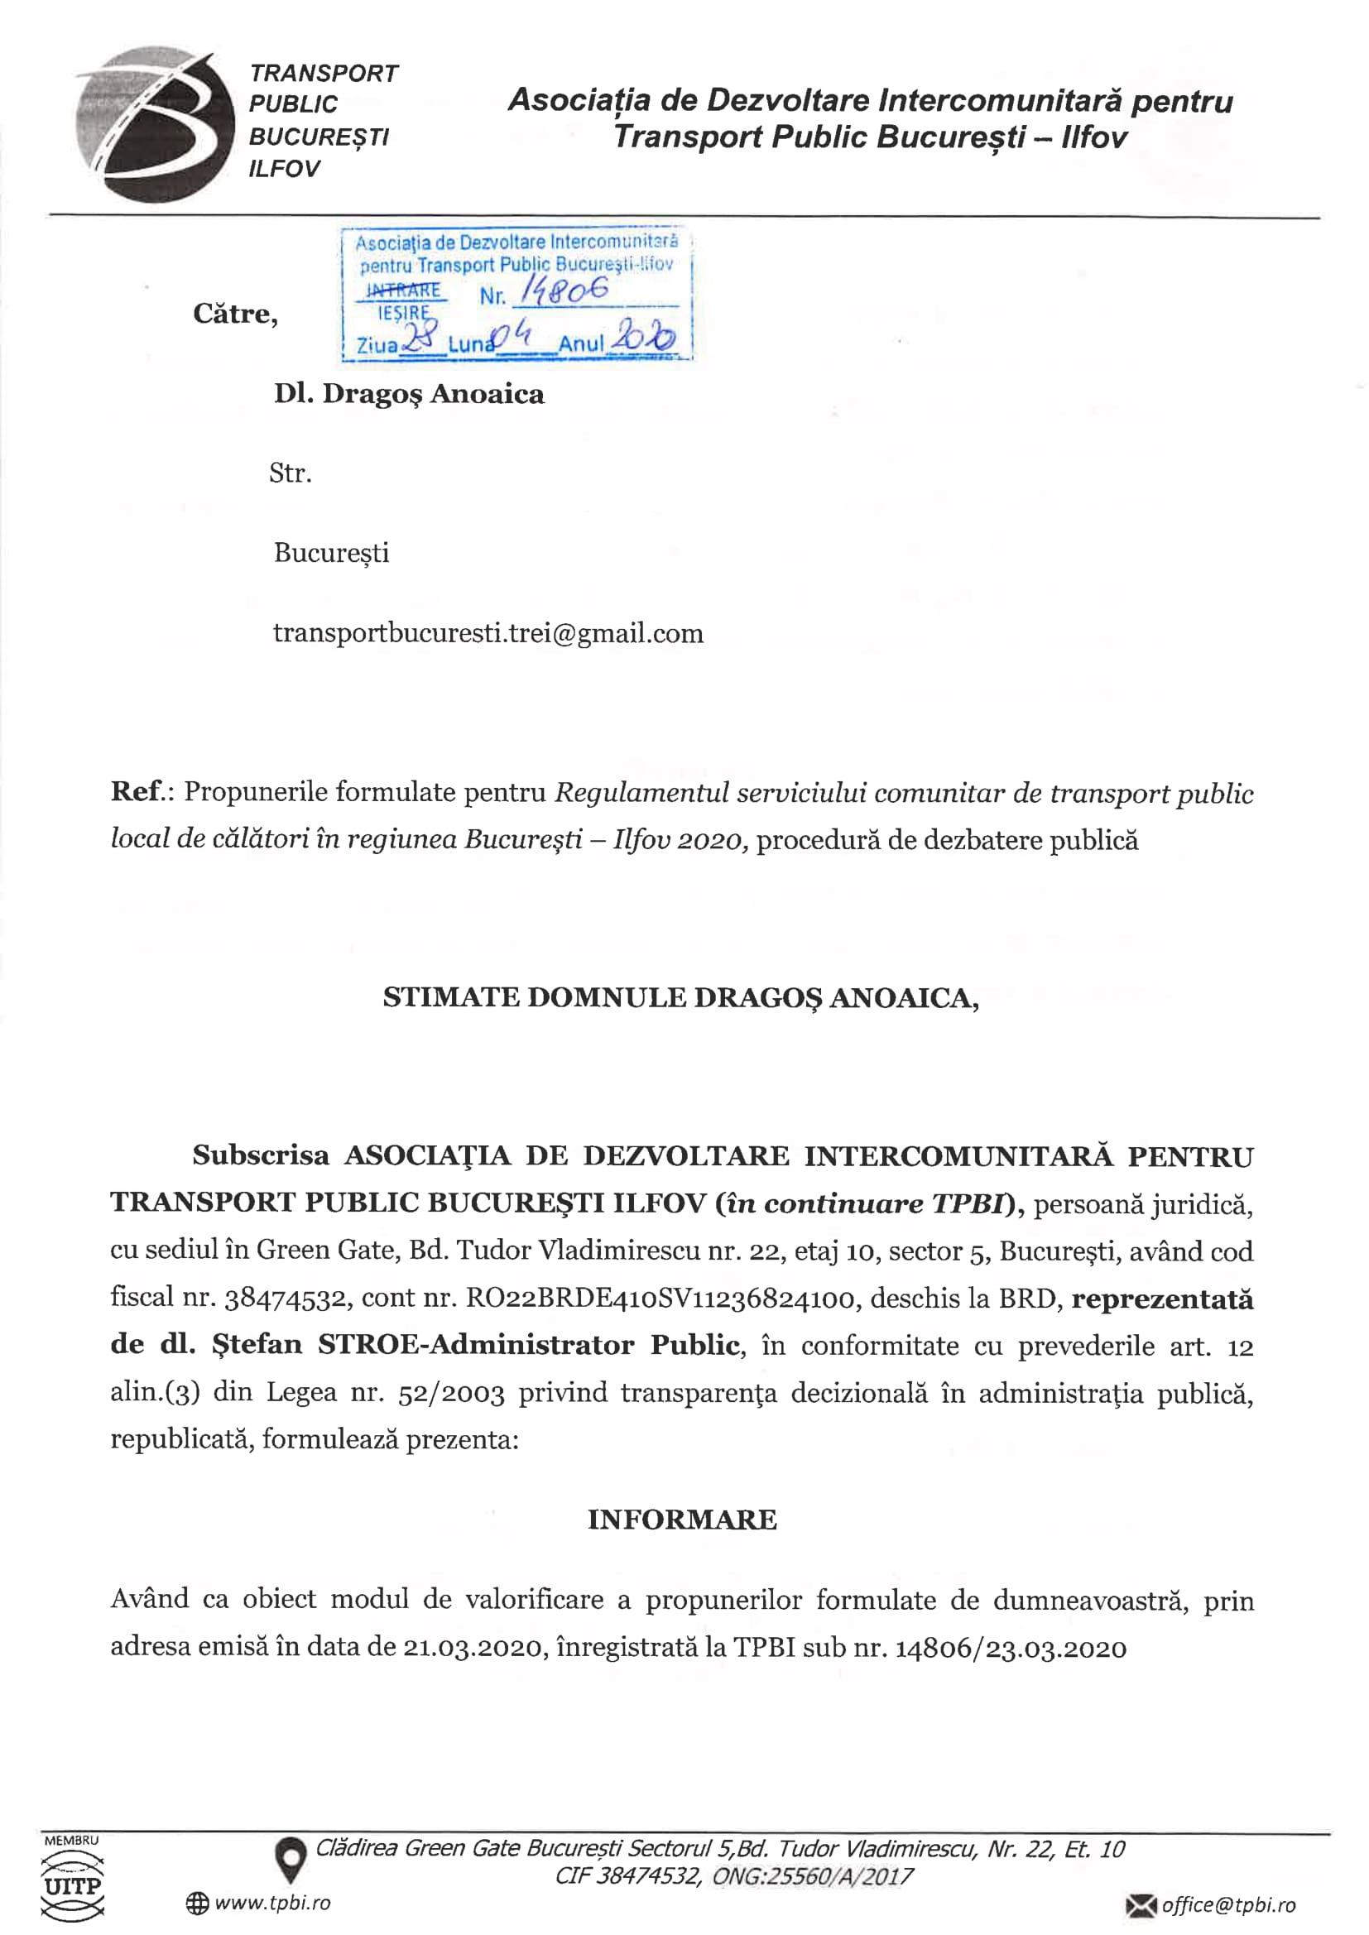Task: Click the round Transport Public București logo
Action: click(x=154, y=125)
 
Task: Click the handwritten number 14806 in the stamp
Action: click(x=563, y=291)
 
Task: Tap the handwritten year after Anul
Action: click(x=643, y=338)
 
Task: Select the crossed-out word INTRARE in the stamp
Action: click(x=403, y=291)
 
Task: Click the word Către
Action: click(x=235, y=314)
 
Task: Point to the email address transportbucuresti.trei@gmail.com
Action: click(x=488, y=633)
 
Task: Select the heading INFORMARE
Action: click(x=682, y=1520)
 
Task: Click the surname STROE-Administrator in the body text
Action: click(x=475, y=1345)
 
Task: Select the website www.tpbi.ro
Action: click(x=272, y=1903)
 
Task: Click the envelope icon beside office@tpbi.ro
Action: click(x=1141, y=1904)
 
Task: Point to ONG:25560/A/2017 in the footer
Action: click(x=813, y=1876)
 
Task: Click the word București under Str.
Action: click(x=331, y=553)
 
